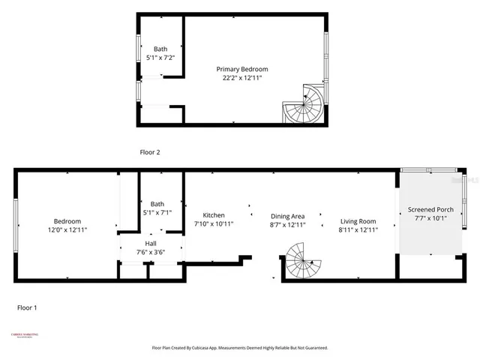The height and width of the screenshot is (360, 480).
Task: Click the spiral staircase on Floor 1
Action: coord(301,261)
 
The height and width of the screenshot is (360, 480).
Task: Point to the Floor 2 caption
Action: coord(150,152)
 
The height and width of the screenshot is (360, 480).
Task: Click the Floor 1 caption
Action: coord(26,307)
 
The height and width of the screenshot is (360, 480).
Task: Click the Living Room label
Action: coord(358,221)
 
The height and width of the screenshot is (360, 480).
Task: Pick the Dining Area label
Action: coord(287,215)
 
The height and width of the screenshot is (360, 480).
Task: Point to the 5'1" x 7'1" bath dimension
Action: coord(157,212)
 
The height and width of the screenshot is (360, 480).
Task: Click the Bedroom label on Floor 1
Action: coord(67,221)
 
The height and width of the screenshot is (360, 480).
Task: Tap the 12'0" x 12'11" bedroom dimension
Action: coord(67,230)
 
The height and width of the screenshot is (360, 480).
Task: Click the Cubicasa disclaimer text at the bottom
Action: coord(240,348)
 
